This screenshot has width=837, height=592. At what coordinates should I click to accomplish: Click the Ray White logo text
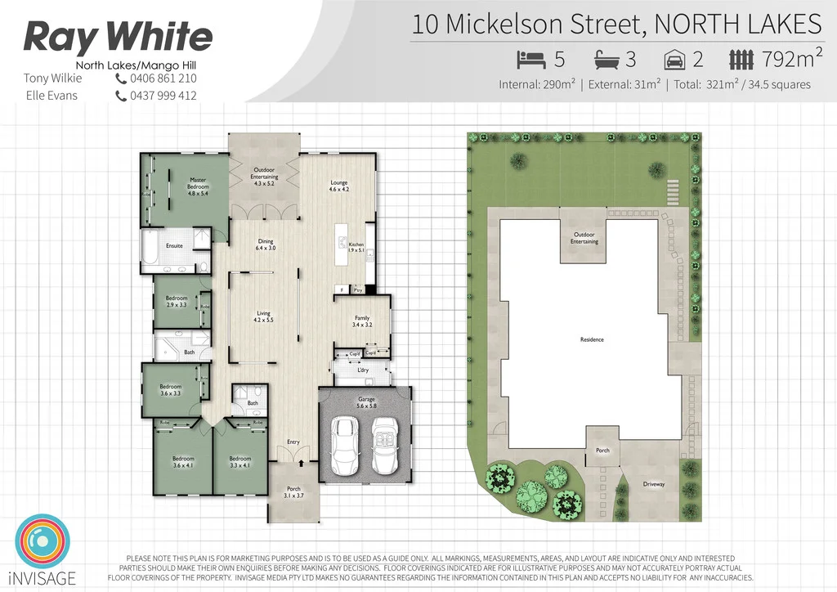coord(119,37)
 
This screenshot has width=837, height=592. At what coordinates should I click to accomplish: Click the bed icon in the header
coord(530,60)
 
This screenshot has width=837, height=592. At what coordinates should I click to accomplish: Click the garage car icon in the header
coord(674,60)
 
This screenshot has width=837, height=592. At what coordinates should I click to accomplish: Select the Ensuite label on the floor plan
coord(174,244)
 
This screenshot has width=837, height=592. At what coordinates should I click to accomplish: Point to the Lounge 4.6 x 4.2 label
coord(339,186)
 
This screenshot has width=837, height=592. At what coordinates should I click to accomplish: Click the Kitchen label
coord(356,248)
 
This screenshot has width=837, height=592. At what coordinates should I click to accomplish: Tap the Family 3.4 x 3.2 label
coord(362,321)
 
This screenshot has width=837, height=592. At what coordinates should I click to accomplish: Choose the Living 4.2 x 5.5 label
coord(264,316)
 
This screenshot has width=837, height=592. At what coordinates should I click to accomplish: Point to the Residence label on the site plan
coord(592,339)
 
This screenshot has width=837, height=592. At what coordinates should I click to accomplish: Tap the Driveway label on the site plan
coord(654,484)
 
